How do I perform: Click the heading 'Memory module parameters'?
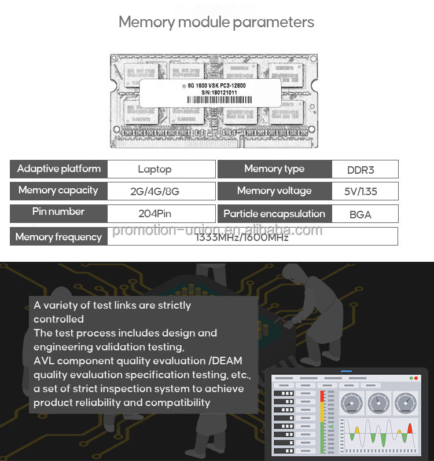click(x=216, y=23)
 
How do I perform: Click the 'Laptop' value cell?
click(x=155, y=169)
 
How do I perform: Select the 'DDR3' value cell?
click(x=361, y=170)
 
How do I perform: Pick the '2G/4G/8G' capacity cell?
click(x=155, y=191)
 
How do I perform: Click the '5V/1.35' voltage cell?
click(x=361, y=191)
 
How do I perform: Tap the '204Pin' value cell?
click(x=155, y=213)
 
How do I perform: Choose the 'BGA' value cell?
click(x=361, y=214)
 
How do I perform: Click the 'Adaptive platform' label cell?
click(x=59, y=169)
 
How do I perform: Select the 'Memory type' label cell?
click(x=274, y=169)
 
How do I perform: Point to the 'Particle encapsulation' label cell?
click(x=274, y=214)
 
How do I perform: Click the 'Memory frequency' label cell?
click(x=59, y=236)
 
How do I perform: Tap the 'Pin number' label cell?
click(x=59, y=213)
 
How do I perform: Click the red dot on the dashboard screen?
click(x=411, y=378)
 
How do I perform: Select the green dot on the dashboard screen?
click(x=416, y=378)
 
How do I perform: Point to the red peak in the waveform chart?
click(x=410, y=429)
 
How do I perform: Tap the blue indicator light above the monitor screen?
click(x=346, y=371)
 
